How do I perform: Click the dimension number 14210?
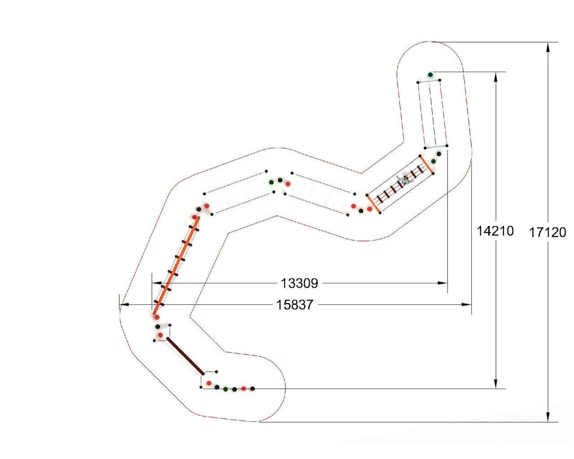tap(495, 231)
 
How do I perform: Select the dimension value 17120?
tap(548, 232)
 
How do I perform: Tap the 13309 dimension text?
tap(299, 283)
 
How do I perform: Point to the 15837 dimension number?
tap(294, 305)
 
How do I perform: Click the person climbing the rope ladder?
tap(404, 180)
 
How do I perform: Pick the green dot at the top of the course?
tap(430, 74)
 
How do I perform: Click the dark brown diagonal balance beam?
tap(185, 356)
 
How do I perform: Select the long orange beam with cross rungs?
tap(176, 266)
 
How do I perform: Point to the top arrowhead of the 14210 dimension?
tap(496, 77)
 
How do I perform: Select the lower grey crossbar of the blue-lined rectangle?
tap(436, 147)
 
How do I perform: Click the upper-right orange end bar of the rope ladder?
tap(426, 165)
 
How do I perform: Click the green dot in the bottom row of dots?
tap(226, 389)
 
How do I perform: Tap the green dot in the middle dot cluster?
tap(271, 182)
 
